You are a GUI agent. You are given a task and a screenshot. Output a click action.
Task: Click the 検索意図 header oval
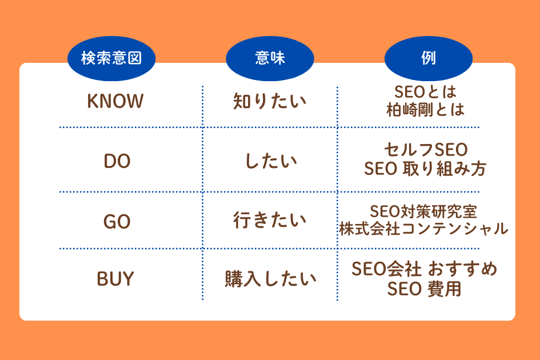tap(111, 59)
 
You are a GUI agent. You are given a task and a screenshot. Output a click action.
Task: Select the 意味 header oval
tap(270, 59)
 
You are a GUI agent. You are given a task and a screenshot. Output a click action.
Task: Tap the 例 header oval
tap(429, 59)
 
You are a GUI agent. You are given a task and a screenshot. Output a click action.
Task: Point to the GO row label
tap(117, 221)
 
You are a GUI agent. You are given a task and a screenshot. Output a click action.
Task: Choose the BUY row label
tap(115, 279)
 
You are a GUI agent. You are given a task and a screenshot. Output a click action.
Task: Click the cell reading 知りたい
tap(270, 102)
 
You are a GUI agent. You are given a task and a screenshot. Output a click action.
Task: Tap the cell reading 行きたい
tap(270, 221)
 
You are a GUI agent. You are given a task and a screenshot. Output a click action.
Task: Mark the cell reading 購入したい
tap(270, 279)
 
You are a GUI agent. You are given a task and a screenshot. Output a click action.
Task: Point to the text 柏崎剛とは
tap(426, 109)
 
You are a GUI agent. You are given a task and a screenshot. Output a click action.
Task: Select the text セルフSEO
tap(426, 151)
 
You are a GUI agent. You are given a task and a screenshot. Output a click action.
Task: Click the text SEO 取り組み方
tap(426, 169)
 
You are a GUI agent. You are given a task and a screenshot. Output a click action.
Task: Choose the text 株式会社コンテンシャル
tap(423, 229)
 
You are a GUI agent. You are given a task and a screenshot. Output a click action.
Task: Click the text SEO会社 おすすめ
tap(425, 269)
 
